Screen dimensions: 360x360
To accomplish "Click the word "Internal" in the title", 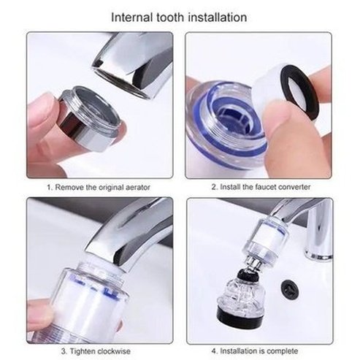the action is click(x=132, y=18).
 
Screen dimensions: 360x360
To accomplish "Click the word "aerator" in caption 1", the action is click(x=138, y=188).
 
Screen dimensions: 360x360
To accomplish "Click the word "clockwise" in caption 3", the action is click(x=114, y=351).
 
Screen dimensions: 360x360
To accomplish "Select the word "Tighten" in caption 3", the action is click(x=83, y=351).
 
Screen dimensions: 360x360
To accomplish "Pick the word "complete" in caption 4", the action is click(x=283, y=351).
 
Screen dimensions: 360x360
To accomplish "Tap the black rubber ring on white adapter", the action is click(x=299, y=92).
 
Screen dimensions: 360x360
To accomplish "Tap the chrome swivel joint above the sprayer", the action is click(x=253, y=264).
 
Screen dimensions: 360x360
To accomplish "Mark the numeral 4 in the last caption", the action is click(x=213, y=351).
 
